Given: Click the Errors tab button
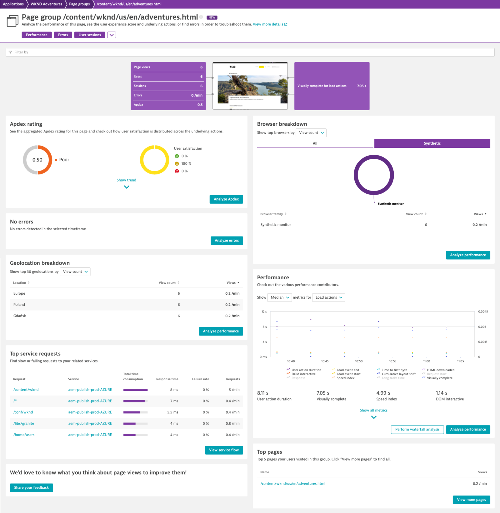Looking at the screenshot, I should (63, 35).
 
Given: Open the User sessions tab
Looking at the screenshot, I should (90, 35).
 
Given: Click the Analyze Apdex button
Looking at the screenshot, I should (226, 199).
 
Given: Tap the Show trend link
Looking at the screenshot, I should (126, 180).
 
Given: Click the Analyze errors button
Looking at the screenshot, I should (227, 241).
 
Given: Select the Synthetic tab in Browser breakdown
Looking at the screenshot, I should (432, 143).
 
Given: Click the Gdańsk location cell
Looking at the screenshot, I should (20, 316).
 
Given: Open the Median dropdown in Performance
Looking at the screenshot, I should (280, 297).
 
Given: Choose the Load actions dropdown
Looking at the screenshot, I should (329, 297).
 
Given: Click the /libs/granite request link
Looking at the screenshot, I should (24, 424).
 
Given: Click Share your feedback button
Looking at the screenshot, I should (31, 488).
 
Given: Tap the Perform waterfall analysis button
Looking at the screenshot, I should (417, 430).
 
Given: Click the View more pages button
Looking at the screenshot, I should (471, 500).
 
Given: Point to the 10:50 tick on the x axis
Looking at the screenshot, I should (359, 361).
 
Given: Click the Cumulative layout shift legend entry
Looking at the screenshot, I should (398, 374).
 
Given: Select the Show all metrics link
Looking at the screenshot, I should (373, 411).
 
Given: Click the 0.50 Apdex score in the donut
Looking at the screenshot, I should (37, 160).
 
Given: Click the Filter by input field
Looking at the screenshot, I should (250, 52).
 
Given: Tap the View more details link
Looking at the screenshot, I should (268, 24).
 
